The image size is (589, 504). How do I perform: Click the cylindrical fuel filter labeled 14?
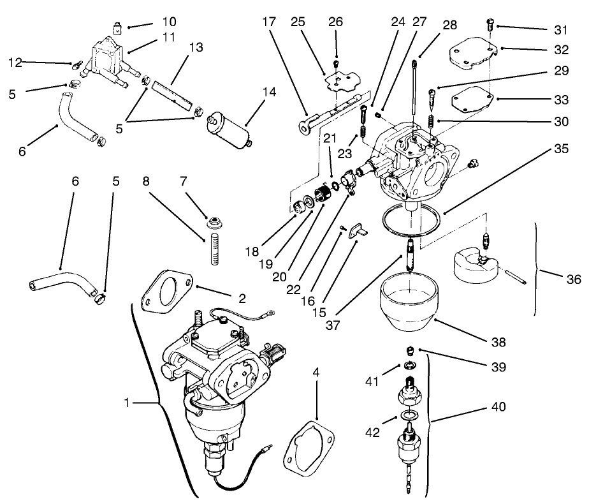coord(230,131)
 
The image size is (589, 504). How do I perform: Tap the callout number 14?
coord(269,92)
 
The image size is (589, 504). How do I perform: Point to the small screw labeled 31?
coord(490,25)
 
